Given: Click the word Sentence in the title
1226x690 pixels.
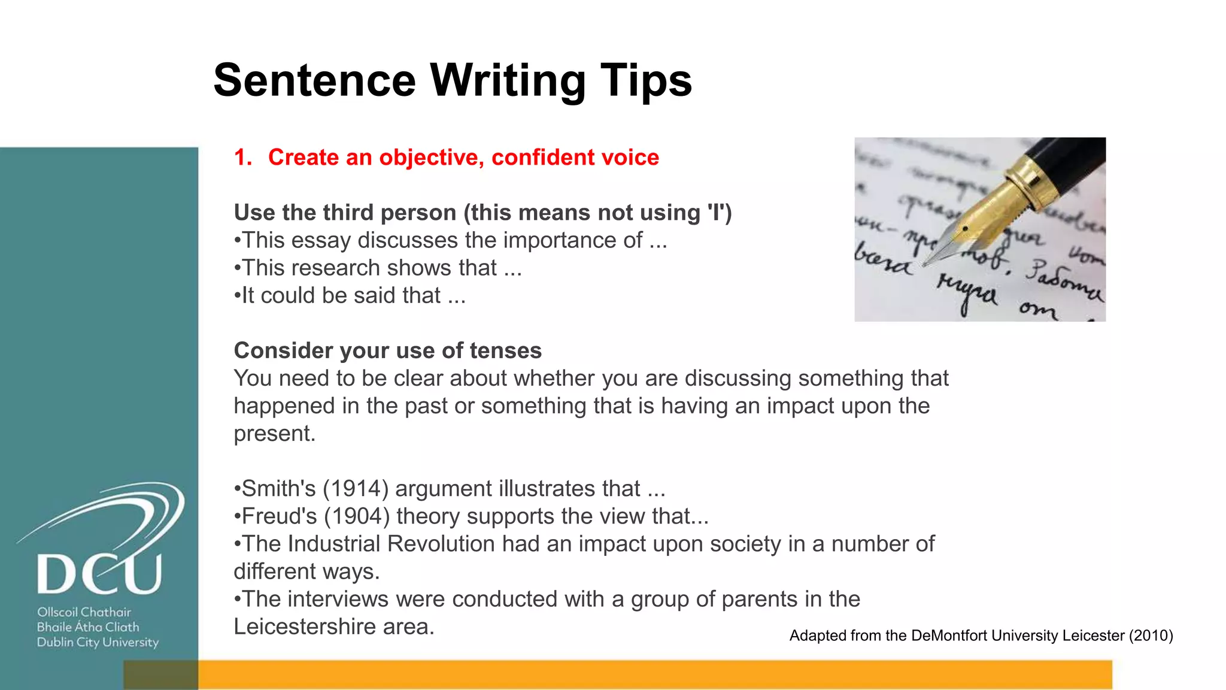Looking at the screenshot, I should [314, 81].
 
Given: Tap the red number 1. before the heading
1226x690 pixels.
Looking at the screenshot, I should [242, 158].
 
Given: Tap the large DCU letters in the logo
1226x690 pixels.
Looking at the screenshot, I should [99, 574].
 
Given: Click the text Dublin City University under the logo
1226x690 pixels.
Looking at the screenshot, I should [98, 642].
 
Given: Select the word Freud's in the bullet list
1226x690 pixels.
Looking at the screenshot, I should [279, 516].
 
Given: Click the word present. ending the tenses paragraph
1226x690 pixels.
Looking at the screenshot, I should [274, 434].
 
